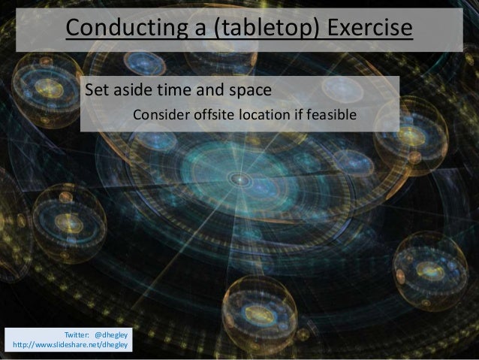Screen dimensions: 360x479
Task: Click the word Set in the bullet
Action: (97, 92)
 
